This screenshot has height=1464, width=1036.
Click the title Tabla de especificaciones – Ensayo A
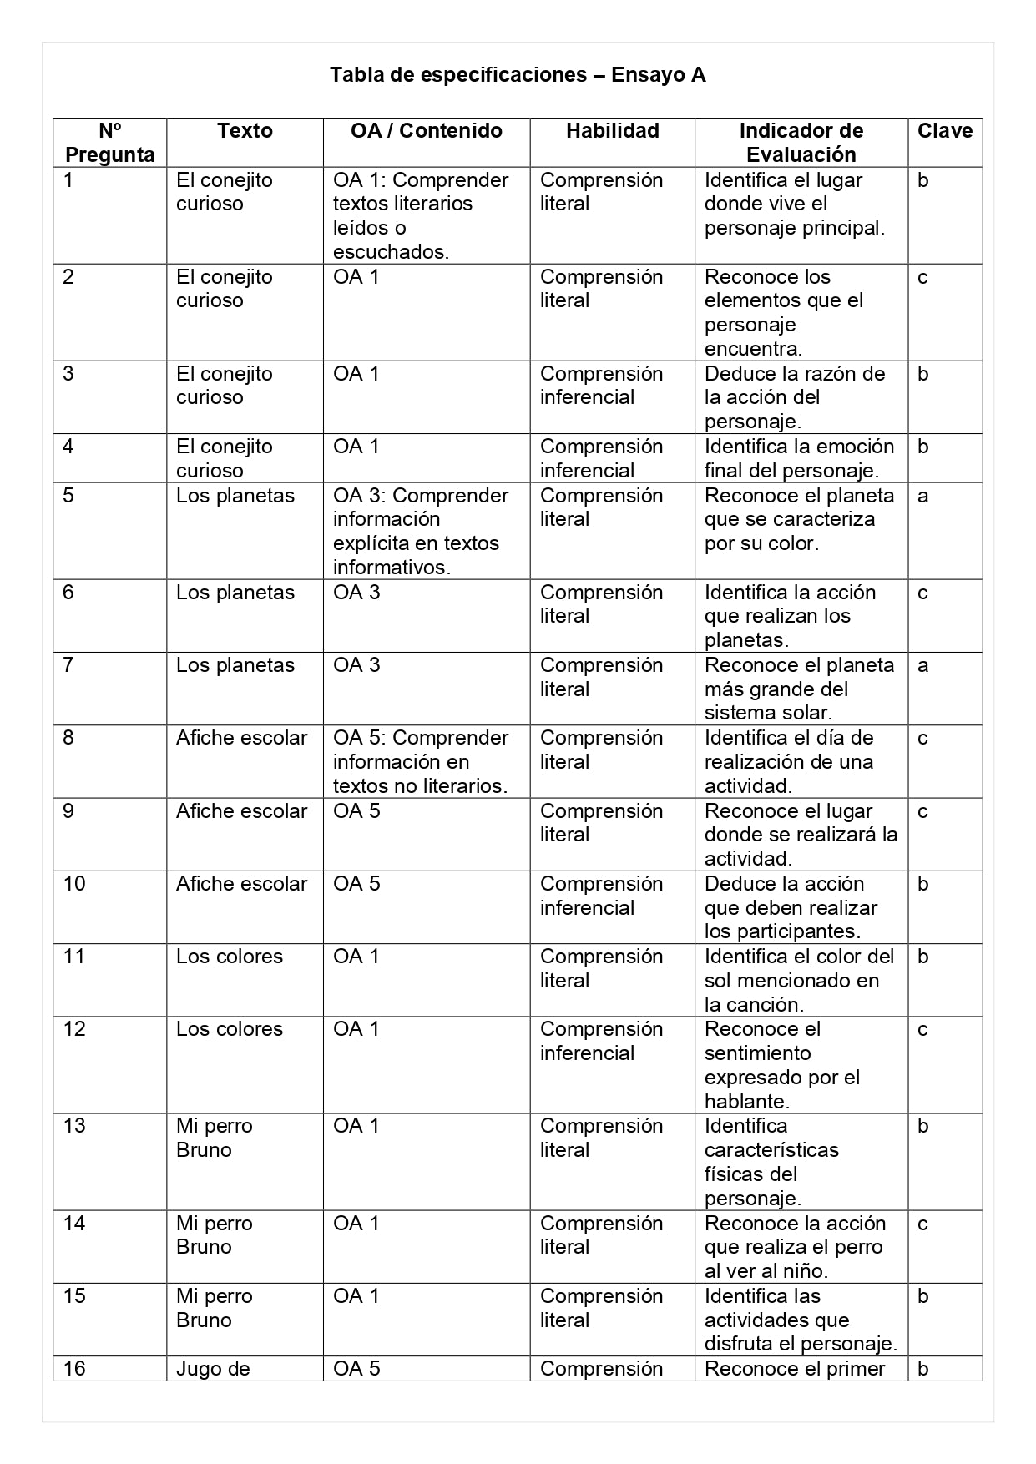(518, 75)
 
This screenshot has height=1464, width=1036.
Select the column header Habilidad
(612, 131)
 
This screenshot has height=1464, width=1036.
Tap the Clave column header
(944, 131)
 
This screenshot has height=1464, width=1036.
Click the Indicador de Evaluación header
(801, 143)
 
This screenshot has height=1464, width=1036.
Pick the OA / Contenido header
(426, 131)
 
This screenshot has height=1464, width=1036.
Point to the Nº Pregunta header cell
(110, 143)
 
